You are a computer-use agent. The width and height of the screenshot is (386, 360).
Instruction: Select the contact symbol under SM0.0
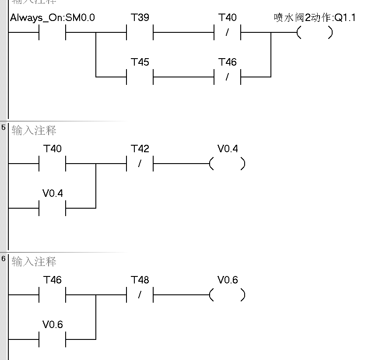pos(53,33)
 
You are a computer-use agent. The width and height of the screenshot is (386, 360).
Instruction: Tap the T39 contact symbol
pos(140,33)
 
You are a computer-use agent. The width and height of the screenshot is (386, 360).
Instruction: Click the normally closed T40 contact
pos(228,33)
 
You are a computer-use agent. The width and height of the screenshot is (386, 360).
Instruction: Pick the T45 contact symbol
pos(140,77)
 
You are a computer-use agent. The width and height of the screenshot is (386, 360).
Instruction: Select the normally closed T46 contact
pos(228,77)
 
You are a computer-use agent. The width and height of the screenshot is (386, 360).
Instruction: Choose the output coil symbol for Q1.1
pos(315,33)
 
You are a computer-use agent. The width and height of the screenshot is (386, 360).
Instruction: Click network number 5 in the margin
pos(4,127)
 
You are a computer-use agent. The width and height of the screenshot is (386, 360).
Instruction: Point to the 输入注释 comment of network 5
pos(34,130)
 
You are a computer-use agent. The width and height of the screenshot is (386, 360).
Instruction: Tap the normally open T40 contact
pos(53,164)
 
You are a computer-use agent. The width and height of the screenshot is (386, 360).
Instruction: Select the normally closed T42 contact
pos(140,164)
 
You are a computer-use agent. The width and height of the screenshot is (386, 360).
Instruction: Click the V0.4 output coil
pos(227,164)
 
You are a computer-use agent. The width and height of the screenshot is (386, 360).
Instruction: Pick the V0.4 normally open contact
pos(53,208)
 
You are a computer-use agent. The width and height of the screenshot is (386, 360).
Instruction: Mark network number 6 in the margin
pos(4,259)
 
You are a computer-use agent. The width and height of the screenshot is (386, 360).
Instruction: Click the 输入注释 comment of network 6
pos(34,262)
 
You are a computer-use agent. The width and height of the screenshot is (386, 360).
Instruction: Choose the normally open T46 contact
pos(53,295)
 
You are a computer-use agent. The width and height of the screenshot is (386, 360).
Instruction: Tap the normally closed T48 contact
pos(140,295)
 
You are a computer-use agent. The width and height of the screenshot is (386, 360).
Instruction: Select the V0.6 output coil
pos(227,295)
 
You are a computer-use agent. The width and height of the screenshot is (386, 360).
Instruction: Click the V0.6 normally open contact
pos(53,339)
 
